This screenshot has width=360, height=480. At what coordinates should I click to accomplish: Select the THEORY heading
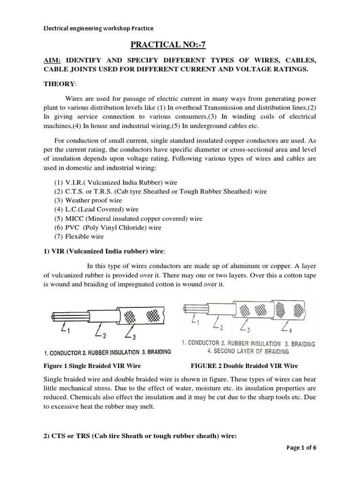click(59, 83)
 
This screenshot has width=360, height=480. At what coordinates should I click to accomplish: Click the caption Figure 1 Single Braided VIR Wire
click(92, 366)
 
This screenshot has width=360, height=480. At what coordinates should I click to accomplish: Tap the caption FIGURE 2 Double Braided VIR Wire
click(244, 366)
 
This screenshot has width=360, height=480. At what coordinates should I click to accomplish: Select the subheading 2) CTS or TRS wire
click(140, 436)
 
